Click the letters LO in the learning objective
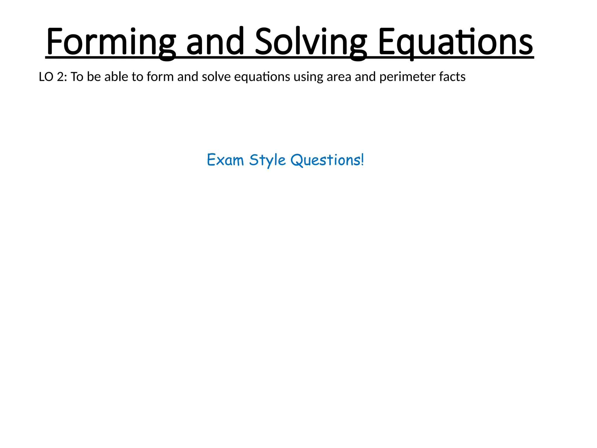click(x=46, y=77)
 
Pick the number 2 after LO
click(x=60, y=77)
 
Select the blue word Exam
click(x=225, y=160)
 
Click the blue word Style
click(x=267, y=160)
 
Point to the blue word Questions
click(x=325, y=160)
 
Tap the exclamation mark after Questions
click(x=362, y=160)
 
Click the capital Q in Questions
click(x=297, y=160)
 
